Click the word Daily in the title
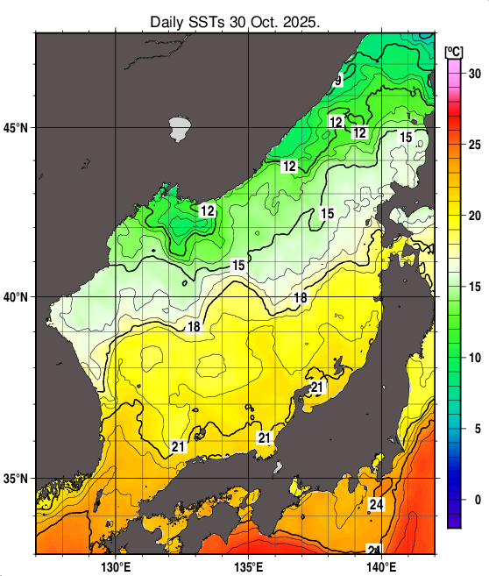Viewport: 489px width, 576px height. click(x=167, y=20)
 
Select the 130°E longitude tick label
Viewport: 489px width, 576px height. click(x=116, y=566)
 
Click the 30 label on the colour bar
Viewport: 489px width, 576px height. click(x=474, y=74)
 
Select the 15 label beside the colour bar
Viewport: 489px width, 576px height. click(x=474, y=287)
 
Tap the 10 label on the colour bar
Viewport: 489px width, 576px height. click(x=474, y=358)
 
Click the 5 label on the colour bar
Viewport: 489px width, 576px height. click(x=477, y=429)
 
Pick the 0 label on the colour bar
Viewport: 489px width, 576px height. click(x=477, y=500)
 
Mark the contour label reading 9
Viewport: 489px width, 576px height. click(x=337, y=81)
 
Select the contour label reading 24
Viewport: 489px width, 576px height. click(x=377, y=505)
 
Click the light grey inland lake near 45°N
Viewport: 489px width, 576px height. click(x=180, y=129)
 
